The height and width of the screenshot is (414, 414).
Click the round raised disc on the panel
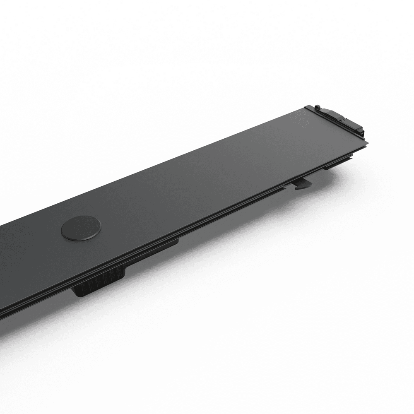[81, 228]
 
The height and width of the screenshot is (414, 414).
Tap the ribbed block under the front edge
[99, 282]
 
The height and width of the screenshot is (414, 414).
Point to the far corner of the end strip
[307, 107]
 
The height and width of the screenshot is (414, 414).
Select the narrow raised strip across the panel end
[335, 124]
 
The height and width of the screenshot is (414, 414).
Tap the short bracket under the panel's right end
[337, 163]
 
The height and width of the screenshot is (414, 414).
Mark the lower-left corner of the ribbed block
[77, 295]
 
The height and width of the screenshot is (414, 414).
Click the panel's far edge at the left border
[1, 226]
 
